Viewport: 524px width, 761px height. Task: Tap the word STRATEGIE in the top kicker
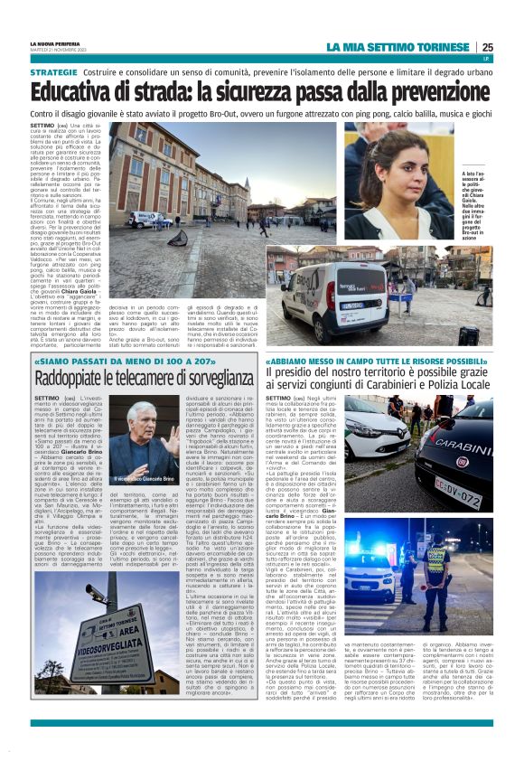tap(53, 71)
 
